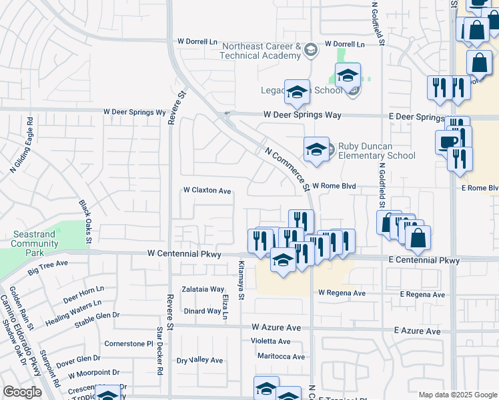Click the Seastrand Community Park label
[35, 244]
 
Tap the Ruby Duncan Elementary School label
[376, 151]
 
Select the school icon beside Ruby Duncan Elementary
[316, 149]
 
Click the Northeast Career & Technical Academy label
[262, 51]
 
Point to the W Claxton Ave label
[207, 191]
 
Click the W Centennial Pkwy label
[183, 254]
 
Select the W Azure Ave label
[276, 328]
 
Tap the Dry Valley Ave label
[199, 360]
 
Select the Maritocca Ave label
[281, 357]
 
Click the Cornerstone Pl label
[129, 344]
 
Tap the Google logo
[22, 392]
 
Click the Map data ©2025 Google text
[457, 395]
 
